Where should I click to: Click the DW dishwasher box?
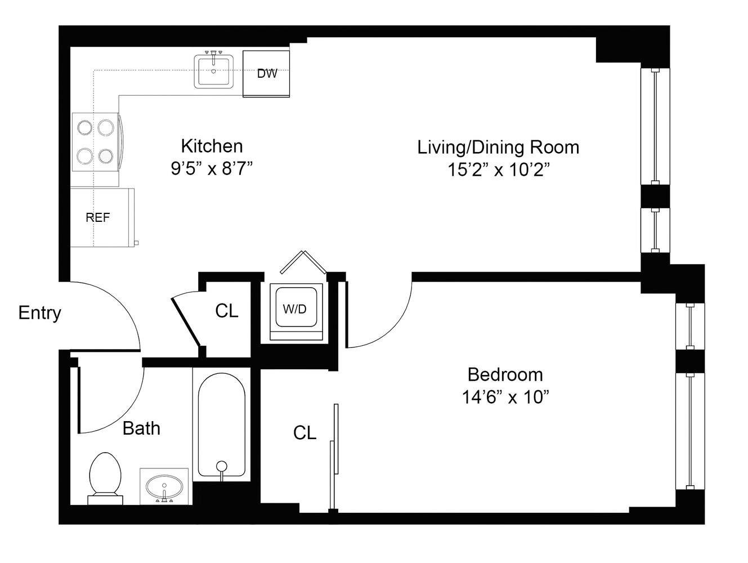[x=266, y=74]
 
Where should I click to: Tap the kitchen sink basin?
[x=214, y=72]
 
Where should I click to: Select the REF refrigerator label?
[x=98, y=217]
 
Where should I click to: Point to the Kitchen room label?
[x=212, y=146]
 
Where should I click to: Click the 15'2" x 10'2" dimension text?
[x=498, y=170]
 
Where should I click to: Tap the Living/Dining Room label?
[x=498, y=147]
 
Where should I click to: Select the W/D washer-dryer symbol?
[x=294, y=309]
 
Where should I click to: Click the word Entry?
[x=39, y=312]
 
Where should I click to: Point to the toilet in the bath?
[x=105, y=476]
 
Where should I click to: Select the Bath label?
[x=141, y=428]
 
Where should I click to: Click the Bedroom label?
[x=505, y=374]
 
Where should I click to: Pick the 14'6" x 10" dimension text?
[x=505, y=397]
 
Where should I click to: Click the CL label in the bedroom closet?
[x=304, y=432]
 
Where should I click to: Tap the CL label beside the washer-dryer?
[x=227, y=310]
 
